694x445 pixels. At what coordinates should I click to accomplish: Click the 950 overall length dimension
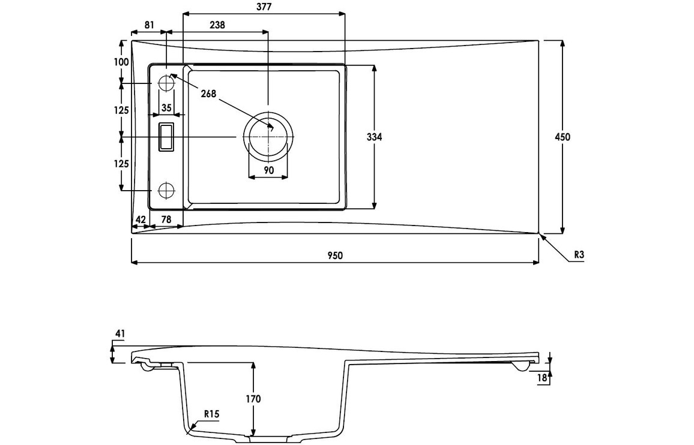pos(335,255)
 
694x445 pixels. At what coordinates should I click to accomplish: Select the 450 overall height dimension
pos(563,137)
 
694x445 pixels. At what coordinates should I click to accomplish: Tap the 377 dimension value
pos(264,7)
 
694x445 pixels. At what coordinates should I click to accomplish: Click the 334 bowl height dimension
pos(375,137)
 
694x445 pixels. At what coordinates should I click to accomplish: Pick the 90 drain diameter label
pos(269,170)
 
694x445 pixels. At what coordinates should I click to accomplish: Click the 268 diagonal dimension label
pos(208,94)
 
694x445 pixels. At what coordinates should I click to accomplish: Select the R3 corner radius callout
pos(579,255)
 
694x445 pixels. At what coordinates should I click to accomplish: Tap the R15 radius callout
pos(211,413)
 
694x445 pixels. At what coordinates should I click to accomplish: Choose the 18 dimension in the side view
pos(543,377)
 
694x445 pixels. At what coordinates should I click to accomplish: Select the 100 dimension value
pos(121,62)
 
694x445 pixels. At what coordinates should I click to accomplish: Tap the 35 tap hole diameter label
pos(166,108)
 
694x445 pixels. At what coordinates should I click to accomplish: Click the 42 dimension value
pos(140,220)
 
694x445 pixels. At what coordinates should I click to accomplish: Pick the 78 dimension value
pos(166,220)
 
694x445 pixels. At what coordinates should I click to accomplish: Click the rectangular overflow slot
pos(166,137)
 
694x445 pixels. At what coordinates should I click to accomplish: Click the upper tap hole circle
pos(166,84)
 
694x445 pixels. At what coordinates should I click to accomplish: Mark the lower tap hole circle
pos(166,190)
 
